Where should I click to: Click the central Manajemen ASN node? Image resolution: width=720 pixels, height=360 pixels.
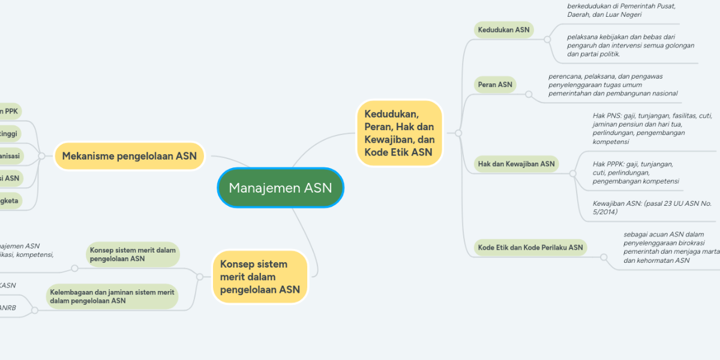(x=280, y=188)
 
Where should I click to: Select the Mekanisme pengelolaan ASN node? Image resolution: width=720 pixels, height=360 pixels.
(x=130, y=156)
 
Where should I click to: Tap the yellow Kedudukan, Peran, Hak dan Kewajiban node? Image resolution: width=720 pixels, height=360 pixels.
(x=399, y=133)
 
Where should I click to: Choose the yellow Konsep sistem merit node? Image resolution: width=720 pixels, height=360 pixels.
(x=260, y=277)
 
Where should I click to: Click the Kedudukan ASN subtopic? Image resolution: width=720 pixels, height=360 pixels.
(x=504, y=30)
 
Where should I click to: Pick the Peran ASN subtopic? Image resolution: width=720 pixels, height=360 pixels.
(x=495, y=85)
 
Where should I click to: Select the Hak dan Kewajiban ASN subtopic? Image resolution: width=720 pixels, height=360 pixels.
(x=516, y=163)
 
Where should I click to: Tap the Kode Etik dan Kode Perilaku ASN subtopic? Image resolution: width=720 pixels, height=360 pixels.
(x=530, y=247)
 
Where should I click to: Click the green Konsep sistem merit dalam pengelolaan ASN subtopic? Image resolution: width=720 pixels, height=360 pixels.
(x=133, y=254)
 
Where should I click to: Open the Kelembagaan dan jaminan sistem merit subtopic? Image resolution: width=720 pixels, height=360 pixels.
(x=112, y=296)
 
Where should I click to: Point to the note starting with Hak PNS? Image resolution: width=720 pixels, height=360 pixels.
(x=643, y=128)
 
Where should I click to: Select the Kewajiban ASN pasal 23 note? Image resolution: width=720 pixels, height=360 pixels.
(x=652, y=208)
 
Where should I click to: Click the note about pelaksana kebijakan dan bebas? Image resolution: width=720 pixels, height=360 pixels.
(x=630, y=45)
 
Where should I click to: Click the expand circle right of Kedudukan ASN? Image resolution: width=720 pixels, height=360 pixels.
(x=547, y=39)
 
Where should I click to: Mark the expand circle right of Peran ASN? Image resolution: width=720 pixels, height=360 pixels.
(x=529, y=94)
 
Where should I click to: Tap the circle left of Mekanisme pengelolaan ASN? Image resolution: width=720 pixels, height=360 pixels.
(x=41, y=156)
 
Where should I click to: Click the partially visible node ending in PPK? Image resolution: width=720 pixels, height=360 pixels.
(x=10, y=111)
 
